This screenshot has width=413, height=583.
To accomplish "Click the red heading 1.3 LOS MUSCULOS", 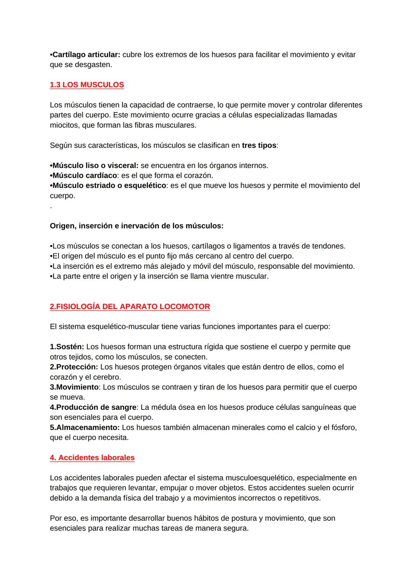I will point(87,85).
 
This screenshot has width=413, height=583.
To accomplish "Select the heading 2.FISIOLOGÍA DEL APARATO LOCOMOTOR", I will point(130,307).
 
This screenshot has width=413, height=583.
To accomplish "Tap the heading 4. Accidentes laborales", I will point(92,458).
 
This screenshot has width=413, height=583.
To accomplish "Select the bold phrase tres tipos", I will point(259,146).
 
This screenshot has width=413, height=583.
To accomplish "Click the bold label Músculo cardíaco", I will point(84,176).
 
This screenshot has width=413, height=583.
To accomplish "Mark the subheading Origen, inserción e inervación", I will point(137,226).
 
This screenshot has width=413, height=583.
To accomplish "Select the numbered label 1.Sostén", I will point(67,347).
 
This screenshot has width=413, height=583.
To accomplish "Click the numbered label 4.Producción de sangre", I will point(93,407).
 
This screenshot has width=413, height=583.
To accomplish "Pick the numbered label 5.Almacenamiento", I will point(85,428).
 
